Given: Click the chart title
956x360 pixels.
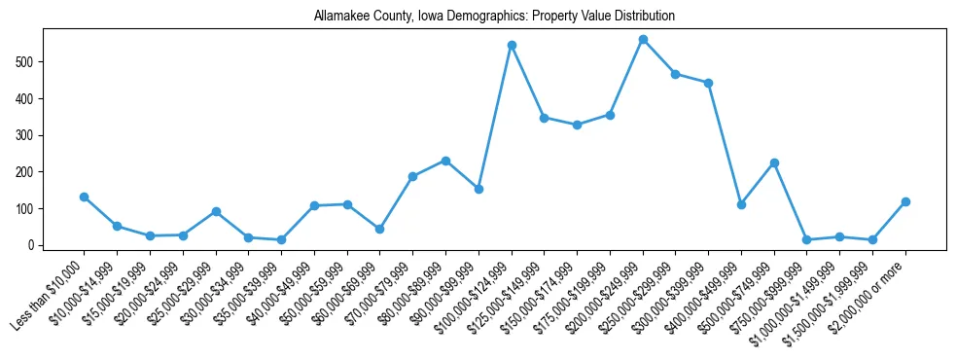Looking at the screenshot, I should tap(494, 17).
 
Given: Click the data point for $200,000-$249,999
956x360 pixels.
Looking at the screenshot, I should tap(643, 40).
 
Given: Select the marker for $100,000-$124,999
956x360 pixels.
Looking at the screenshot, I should tap(512, 45).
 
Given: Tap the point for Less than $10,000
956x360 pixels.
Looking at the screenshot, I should tap(85, 197).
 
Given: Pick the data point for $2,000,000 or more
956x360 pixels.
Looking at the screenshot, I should tap(905, 201).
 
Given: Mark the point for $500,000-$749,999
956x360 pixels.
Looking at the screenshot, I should tap(774, 162).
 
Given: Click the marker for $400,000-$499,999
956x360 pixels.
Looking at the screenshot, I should tap(741, 204).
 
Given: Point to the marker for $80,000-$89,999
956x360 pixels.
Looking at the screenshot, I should tap(445, 161).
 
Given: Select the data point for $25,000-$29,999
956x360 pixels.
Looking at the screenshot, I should tap(216, 211).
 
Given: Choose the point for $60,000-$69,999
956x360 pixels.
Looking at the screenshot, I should tap(380, 229).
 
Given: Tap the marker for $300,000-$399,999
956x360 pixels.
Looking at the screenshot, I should tap(708, 83).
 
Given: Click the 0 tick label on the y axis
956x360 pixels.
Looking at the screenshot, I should tap(33, 245).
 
